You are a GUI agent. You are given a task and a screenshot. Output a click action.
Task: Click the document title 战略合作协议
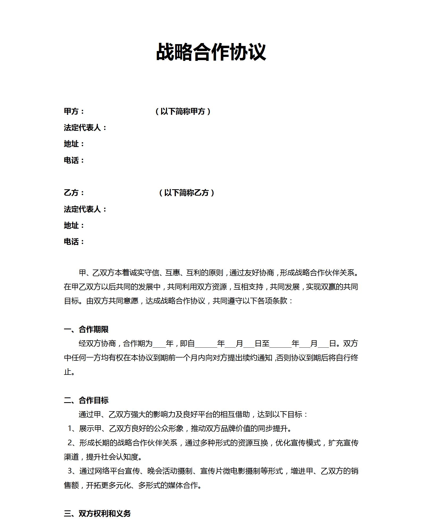[x=211, y=52]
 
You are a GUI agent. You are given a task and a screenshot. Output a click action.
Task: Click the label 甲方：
[x=74, y=111]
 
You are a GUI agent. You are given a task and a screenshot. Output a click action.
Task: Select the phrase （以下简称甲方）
[x=183, y=111]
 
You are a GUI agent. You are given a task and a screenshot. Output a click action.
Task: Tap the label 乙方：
[x=74, y=193]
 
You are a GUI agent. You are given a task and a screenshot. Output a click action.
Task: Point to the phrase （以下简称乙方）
[x=186, y=193]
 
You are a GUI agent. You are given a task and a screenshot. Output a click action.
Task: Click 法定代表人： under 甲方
[x=85, y=128]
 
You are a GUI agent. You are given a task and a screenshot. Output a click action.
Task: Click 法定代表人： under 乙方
[x=85, y=209]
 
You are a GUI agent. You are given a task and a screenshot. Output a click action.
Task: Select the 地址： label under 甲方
[x=74, y=144]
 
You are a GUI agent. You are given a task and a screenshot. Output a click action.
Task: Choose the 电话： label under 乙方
[x=74, y=242]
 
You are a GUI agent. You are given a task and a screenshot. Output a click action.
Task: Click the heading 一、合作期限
[x=86, y=329]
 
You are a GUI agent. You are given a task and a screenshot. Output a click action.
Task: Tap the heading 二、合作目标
[x=86, y=400]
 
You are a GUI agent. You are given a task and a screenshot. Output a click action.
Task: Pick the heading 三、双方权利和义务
[x=97, y=514]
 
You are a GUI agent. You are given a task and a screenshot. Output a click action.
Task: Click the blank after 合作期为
[x=159, y=344]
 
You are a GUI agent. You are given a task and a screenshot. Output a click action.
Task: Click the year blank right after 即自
[x=206, y=344]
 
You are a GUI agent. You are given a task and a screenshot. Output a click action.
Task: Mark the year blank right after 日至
[x=280, y=344]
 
